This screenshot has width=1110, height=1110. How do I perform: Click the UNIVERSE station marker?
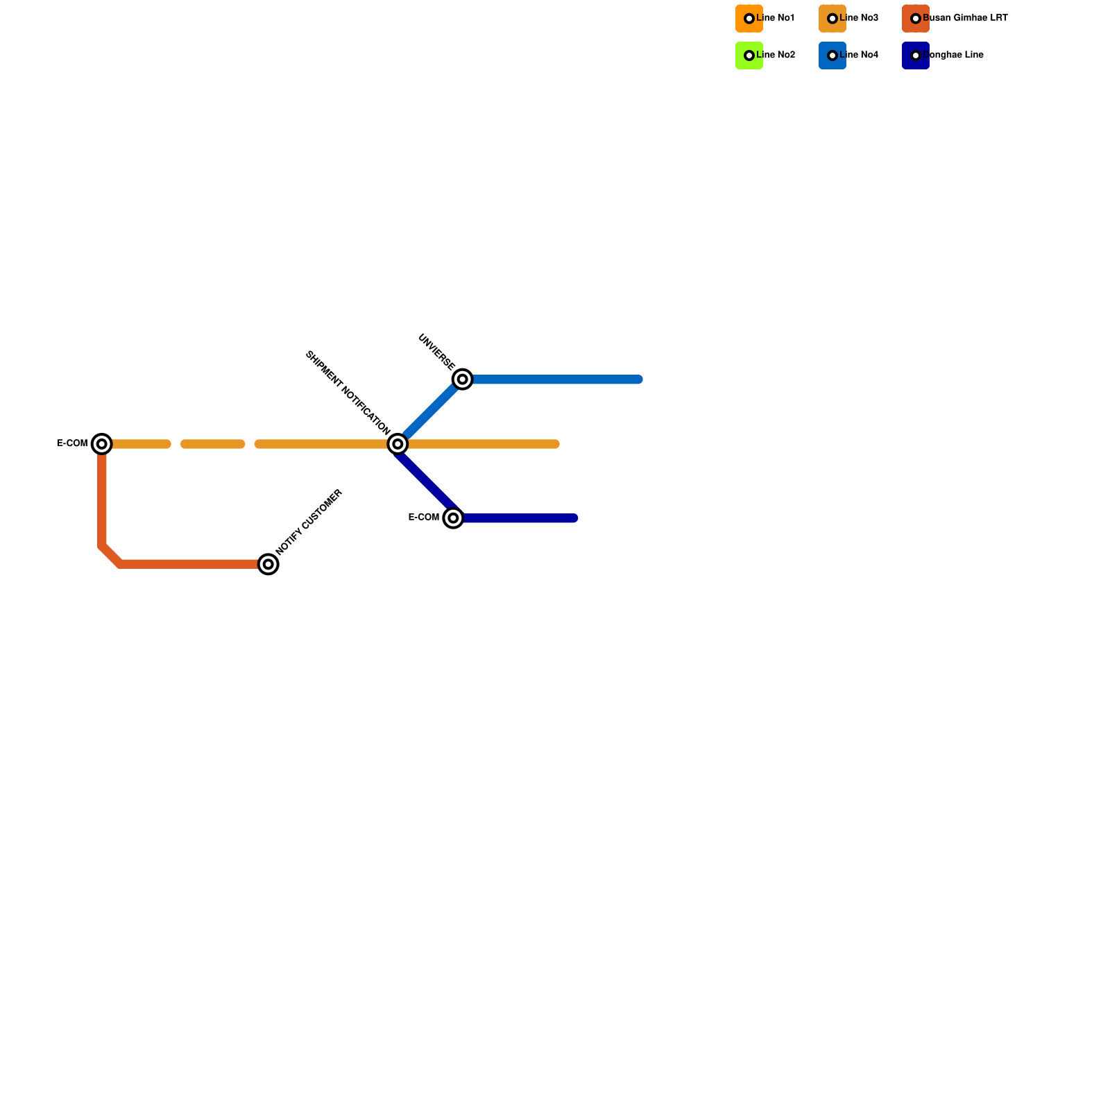coord(463,379)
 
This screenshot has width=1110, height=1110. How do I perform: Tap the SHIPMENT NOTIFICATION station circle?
coord(398,444)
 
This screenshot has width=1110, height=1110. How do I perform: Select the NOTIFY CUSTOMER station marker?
coord(268,564)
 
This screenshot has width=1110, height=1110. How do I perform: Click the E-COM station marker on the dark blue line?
coord(453,518)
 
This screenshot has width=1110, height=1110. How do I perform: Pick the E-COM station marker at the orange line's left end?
coord(102,443)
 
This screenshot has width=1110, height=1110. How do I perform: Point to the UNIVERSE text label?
coord(437,352)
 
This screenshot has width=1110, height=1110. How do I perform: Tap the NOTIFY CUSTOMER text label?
coord(309,522)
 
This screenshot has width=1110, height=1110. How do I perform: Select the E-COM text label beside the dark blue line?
coord(424,518)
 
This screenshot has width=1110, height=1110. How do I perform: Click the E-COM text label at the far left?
coord(72,443)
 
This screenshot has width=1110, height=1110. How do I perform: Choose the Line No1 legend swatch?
coord(749,19)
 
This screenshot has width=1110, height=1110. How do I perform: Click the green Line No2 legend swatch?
coord(749,55)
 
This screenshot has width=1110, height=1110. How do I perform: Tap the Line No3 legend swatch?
coord(832,19)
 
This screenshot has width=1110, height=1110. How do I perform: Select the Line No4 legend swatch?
coord(832,55)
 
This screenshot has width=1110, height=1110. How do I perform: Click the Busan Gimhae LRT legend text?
coord(965,18)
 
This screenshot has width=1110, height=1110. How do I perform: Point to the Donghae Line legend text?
coord(953,55)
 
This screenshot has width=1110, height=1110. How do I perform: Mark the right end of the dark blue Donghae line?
coord(574,518)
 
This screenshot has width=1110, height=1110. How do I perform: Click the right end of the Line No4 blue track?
coord(638,379)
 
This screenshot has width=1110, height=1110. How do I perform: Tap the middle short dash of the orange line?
coord(213,444)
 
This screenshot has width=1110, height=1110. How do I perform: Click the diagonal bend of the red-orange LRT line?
coord(111,556)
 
